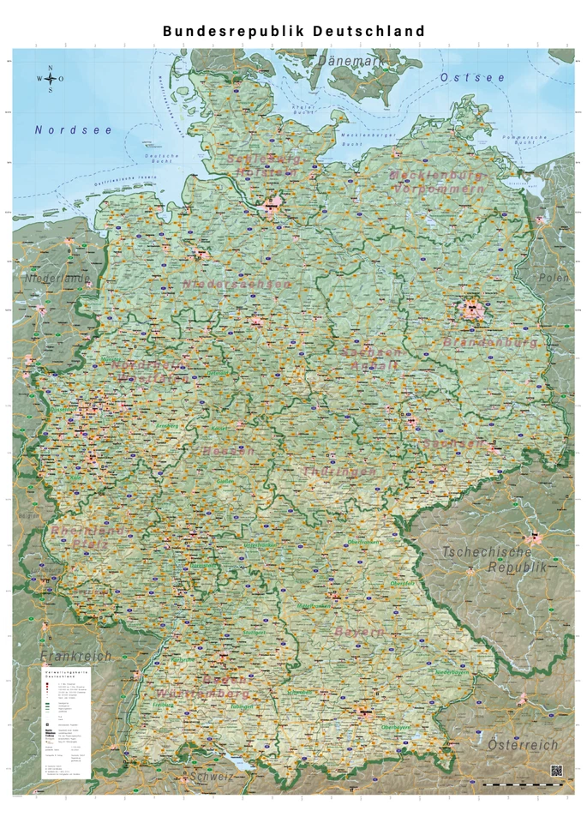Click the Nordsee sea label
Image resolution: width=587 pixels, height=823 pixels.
[x=62, y=130]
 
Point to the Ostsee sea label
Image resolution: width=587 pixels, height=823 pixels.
[x=472, y=78]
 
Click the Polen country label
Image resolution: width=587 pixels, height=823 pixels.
[x=553, y=278]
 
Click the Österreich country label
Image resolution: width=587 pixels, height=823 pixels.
[x=523, y=745]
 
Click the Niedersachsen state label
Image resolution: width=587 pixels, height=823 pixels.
[x=237, y=284]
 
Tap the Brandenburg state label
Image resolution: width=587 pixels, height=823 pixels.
[x=490, y=342]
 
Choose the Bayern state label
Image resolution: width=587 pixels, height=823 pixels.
[x=359, y=632]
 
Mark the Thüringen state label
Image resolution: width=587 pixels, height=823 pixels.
[x=339, y=472]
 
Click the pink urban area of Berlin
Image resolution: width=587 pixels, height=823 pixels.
[x=471, y=306]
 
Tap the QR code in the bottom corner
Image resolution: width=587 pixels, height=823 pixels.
[x=556, y=771]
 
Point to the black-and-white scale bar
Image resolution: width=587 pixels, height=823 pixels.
[x=523, y=784]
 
